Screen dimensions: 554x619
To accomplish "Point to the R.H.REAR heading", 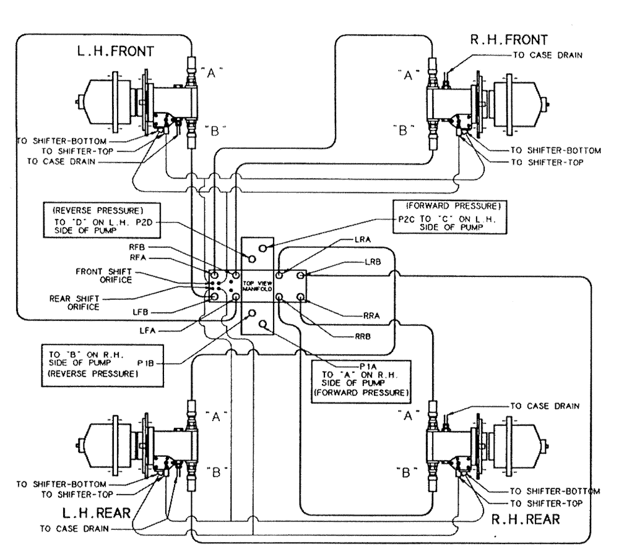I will [x=526, y=519].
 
